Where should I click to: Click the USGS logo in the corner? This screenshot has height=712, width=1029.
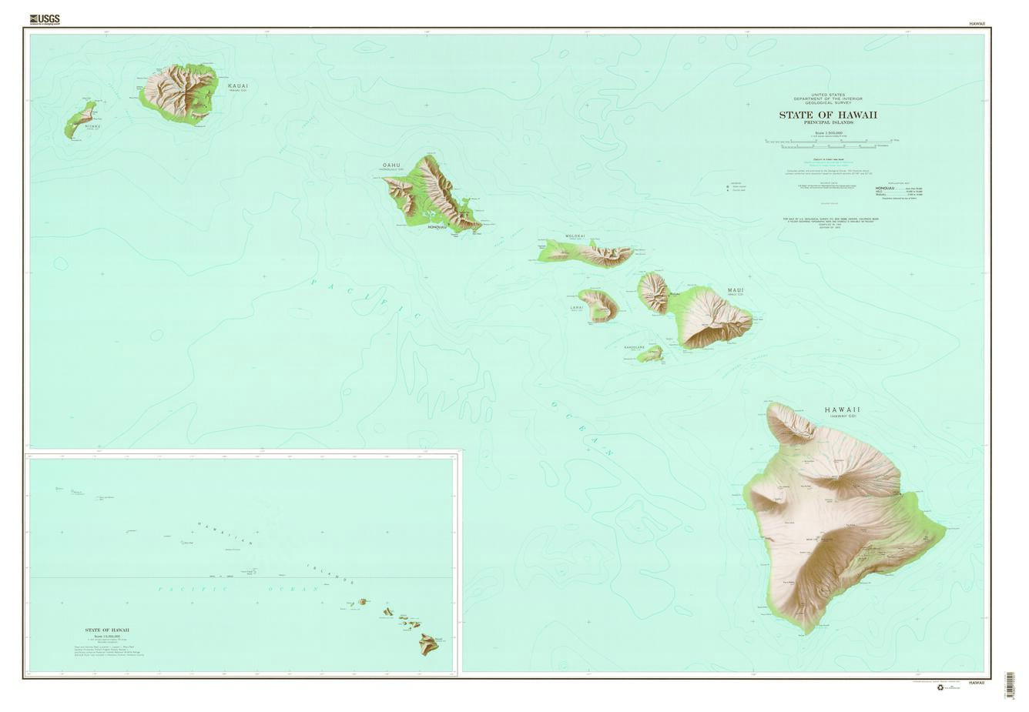point(44,19)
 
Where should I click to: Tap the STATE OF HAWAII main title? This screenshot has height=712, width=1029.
point(827,115)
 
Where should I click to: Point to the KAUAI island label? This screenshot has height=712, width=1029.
point(238,85)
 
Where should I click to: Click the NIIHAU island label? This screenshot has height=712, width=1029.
point(92,125)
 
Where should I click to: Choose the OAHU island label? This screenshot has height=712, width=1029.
point(391,165)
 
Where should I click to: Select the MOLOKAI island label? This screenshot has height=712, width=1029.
point(575,236)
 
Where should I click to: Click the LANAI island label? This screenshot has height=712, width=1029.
point(577,307)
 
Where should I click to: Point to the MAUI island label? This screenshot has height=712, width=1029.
point(736,290)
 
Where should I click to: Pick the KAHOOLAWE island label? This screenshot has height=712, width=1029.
point(634,347)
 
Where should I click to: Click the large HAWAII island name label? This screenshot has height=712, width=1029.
point(842,409)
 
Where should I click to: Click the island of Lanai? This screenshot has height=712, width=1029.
point(599,305)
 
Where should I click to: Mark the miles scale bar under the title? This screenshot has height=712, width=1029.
point(827,141)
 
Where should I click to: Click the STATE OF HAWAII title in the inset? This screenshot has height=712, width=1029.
point(107,630)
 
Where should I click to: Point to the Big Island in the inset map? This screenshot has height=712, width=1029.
point(429,644)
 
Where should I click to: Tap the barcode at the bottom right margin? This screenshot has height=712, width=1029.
point(1010,685)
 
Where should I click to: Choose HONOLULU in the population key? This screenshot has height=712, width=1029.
point(885,188)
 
